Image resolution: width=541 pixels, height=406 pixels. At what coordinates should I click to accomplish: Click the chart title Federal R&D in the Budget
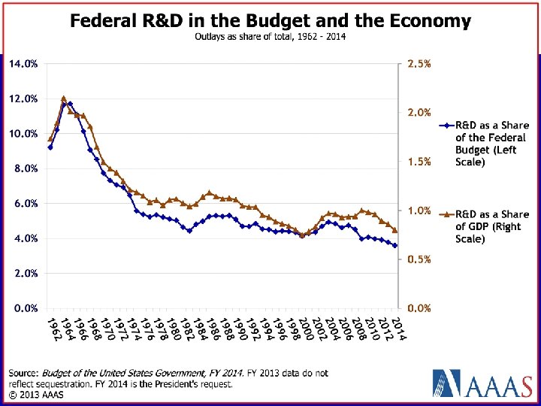pyautogui.click(x=270, y=21)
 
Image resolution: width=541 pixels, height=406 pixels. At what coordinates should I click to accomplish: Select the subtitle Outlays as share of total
pyautogui.click(x=270, y=37)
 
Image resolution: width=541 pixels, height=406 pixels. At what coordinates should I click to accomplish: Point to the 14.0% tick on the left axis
pyautogui.click(x=23, y=64)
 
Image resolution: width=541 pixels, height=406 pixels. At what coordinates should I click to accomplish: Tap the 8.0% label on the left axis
pyautogui.click(x=23, y=169)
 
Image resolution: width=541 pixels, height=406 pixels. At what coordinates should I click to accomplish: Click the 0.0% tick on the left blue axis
pyautogui.click(x=23, y=308)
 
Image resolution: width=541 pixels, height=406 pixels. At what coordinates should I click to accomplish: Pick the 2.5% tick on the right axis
pyautogui.click(x=419, y=64)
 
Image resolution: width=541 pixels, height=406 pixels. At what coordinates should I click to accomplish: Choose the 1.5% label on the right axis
pyautogui.click(x=419, y=162)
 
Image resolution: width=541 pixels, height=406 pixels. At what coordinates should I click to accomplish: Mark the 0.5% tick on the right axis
pyautogui.click(x=419, y=259)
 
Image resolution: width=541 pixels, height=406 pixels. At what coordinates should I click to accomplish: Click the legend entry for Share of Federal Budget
pyautogui.click(x=491, y=143)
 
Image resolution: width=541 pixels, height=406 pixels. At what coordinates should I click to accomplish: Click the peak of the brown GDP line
pyautogui.click(x=63, y=98)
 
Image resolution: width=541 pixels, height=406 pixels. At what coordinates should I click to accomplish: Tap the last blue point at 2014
pyautogui.click(x=395, y=245)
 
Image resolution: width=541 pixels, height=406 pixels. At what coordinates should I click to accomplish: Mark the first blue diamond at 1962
pyautogui.click(x=50, y=147)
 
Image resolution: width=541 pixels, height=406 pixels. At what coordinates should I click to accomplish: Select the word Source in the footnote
pyautogui.click(x=23, y=373)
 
